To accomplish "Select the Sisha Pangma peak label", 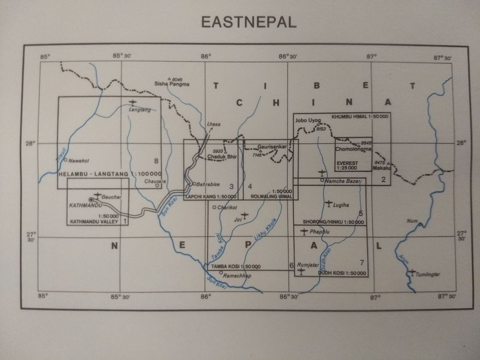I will [x=172, y=84].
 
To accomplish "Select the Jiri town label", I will [x=238, y=219].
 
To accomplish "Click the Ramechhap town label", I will [x=237, y=276].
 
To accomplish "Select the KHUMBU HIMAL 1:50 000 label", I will [x=360, y=116].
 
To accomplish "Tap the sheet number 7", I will [x=362, y=263].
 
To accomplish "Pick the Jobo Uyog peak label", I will [x=308, y=120].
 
